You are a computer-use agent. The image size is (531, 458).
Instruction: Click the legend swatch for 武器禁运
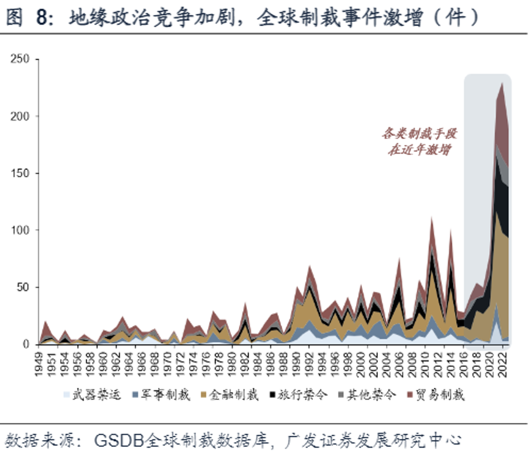[x=68, y=395]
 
